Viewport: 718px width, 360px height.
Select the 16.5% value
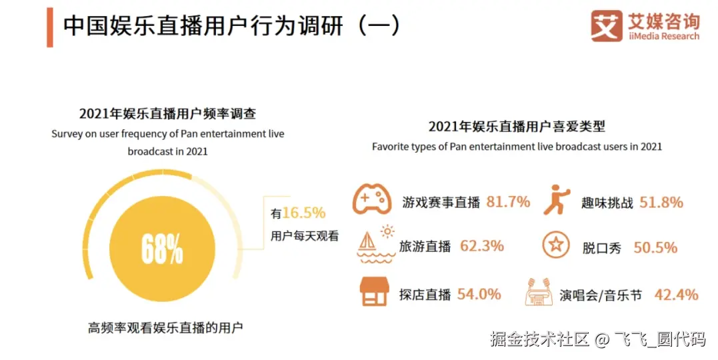tap(304, 213)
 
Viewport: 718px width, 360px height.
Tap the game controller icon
tap(372, 199)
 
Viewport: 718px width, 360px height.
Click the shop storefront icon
tap(373, 292)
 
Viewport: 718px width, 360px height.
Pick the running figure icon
tap(556, 199)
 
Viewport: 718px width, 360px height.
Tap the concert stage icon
tap(539, 292)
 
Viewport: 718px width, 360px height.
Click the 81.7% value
tap(508, 201)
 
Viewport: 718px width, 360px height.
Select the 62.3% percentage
tap(482, 246)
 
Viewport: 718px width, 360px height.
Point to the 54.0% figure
tap(479, 294)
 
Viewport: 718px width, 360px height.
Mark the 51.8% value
tap(661, 202)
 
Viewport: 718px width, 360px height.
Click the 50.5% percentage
tap(655, 247)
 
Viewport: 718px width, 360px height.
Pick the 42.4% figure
tap(676, 294)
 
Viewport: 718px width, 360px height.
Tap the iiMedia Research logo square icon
tap(606, 26)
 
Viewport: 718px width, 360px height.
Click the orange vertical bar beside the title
tap(50, 27)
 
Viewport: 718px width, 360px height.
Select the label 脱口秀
tap(601, 248)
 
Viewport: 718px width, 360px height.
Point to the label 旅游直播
tap(425, 247)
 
